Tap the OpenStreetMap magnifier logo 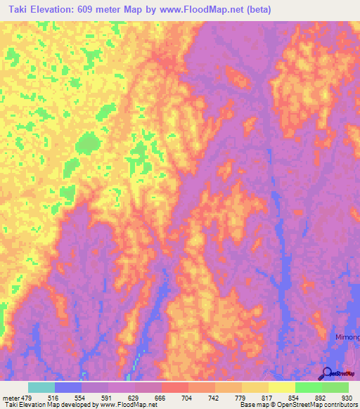point(327,374)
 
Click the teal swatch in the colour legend point(41,387)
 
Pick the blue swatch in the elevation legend point(67,387)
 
